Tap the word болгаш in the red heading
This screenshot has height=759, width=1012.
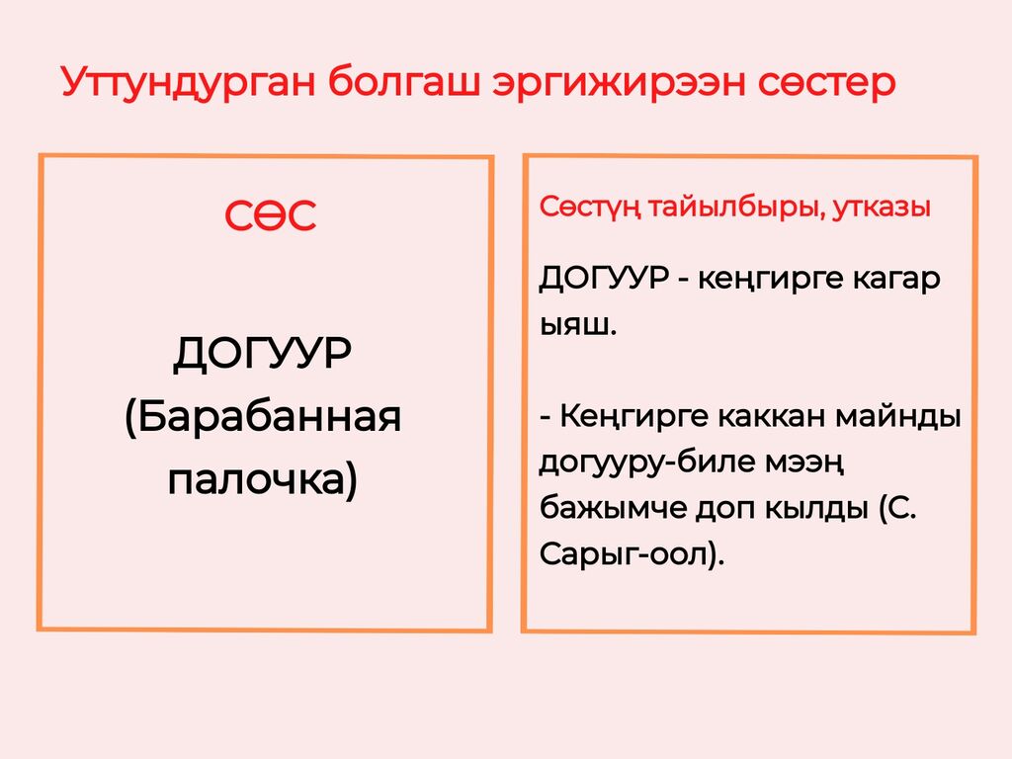(x=404, y=83)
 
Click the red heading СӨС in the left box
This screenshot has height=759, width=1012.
(x=271, y=215)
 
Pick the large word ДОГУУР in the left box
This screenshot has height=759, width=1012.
(x=263, y=353)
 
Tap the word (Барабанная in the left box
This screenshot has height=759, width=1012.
(x=263, y=417)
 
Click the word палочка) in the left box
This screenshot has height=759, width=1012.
(x=263, y=480)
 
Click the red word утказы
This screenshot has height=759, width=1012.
(x=882, y=208)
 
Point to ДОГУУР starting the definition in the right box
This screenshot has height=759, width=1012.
(x=604, y=279)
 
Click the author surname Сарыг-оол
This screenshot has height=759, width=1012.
(x=624, y=554)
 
